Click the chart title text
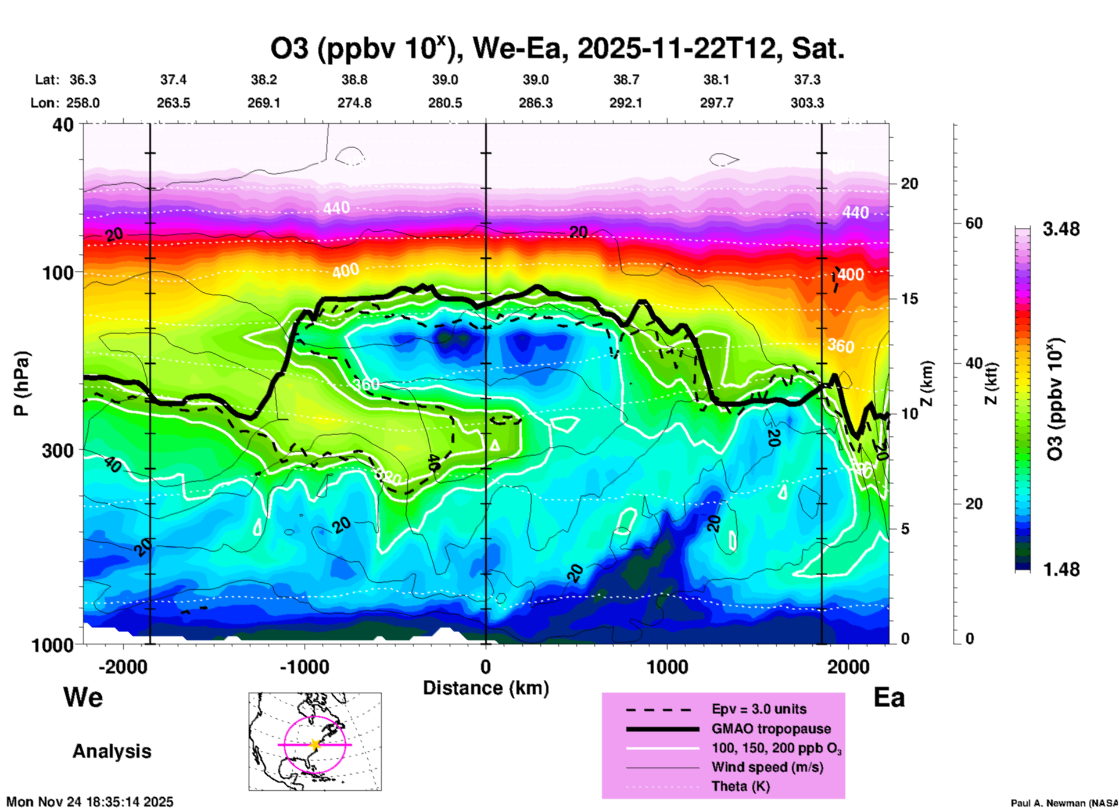557,49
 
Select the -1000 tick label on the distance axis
304,667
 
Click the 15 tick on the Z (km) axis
909,299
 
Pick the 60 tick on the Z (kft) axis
973,223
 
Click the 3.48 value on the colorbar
1061,230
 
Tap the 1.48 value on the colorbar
1061,569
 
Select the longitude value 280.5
445,103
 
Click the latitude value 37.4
173,80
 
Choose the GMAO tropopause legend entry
771,729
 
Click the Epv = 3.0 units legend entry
759,709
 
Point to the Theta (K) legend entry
740,787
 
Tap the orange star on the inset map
315,744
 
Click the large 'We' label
83,697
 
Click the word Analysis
112,751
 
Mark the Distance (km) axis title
486,689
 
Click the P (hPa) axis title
21,384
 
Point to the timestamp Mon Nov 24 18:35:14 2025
90,802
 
